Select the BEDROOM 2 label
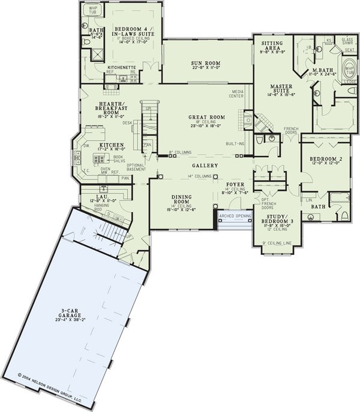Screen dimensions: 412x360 coord(322,159)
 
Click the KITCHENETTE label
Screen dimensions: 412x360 coord(121,67)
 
